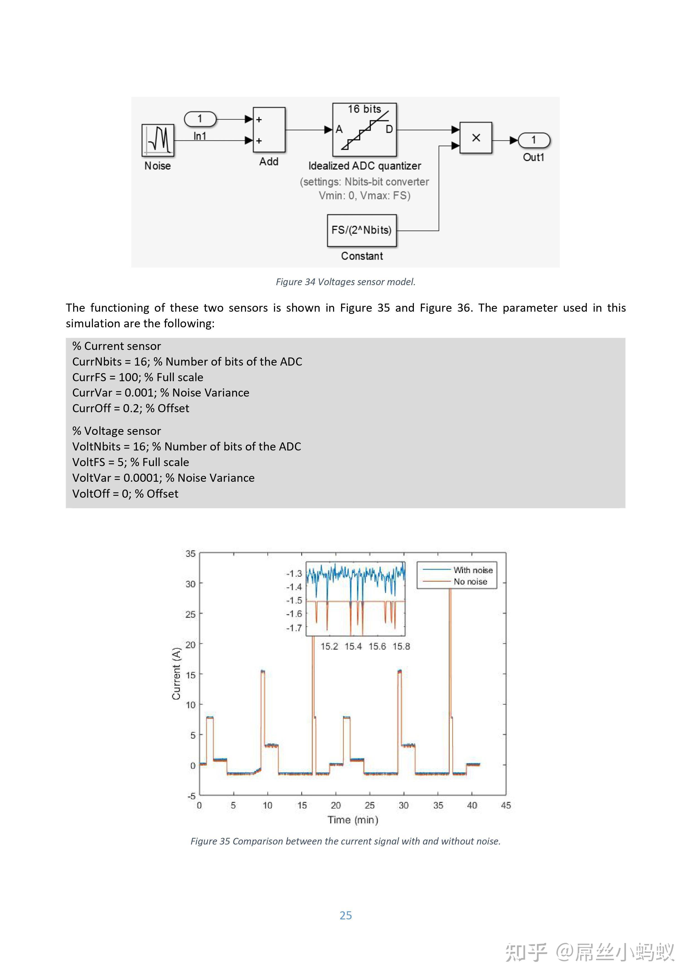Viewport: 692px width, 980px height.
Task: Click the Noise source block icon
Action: point(158,140)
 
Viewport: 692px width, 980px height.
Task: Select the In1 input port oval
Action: point(200,119)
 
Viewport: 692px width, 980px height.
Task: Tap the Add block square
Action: point(269,130)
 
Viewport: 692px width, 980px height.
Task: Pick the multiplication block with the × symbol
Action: point(476,138)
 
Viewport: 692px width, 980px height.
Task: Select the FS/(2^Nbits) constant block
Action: point(361,230)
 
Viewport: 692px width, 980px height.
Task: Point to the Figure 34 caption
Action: point(345,282)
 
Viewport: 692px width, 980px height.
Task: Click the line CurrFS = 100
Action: point(138,377)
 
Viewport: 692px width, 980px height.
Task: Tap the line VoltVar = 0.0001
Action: point(163,478)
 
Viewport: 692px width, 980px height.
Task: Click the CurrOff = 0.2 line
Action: point(131,409)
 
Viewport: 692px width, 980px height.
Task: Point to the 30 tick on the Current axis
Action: point(190,584)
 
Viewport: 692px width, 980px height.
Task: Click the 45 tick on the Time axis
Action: point(506,805)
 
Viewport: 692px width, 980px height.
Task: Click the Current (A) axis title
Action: point(176,674)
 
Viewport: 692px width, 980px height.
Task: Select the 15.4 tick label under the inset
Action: point(353,647)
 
